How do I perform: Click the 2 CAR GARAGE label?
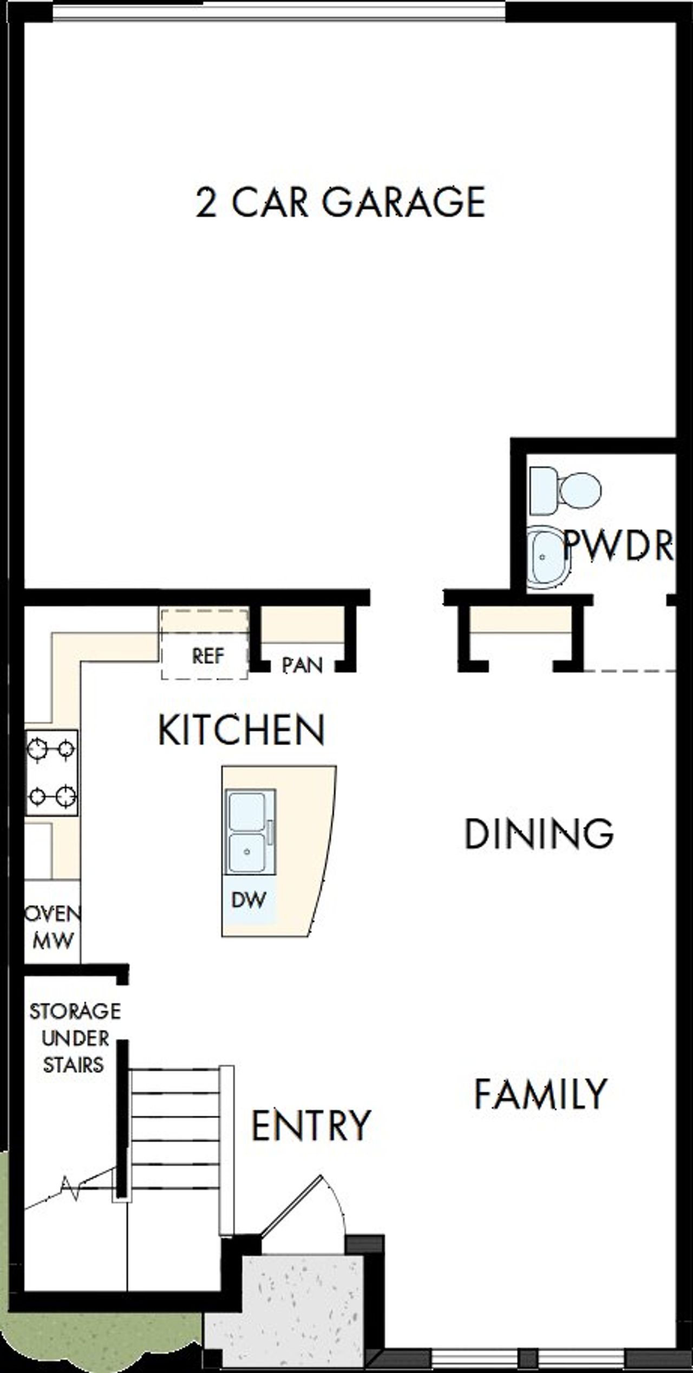click(x=340, y=203)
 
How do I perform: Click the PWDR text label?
click(x=618, y=545)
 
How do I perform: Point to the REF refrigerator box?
click(x=206, y=656)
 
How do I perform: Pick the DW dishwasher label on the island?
click(x=249, y=900)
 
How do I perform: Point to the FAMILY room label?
click(x=540, y=1093)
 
